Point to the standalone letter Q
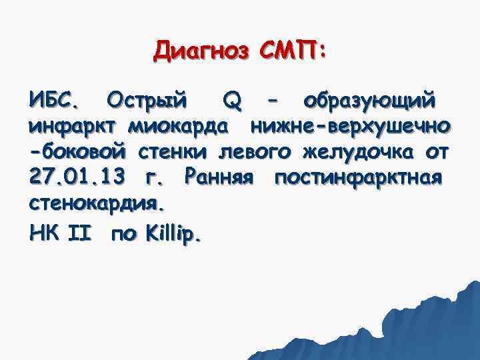click(x=231, y=102)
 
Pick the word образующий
click(x=370, y=102)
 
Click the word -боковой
click(x=81, y=152)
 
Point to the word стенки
click(x=177, y=152)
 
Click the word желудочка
click(x=357, y=152)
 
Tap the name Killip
click(x=171, y=234)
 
